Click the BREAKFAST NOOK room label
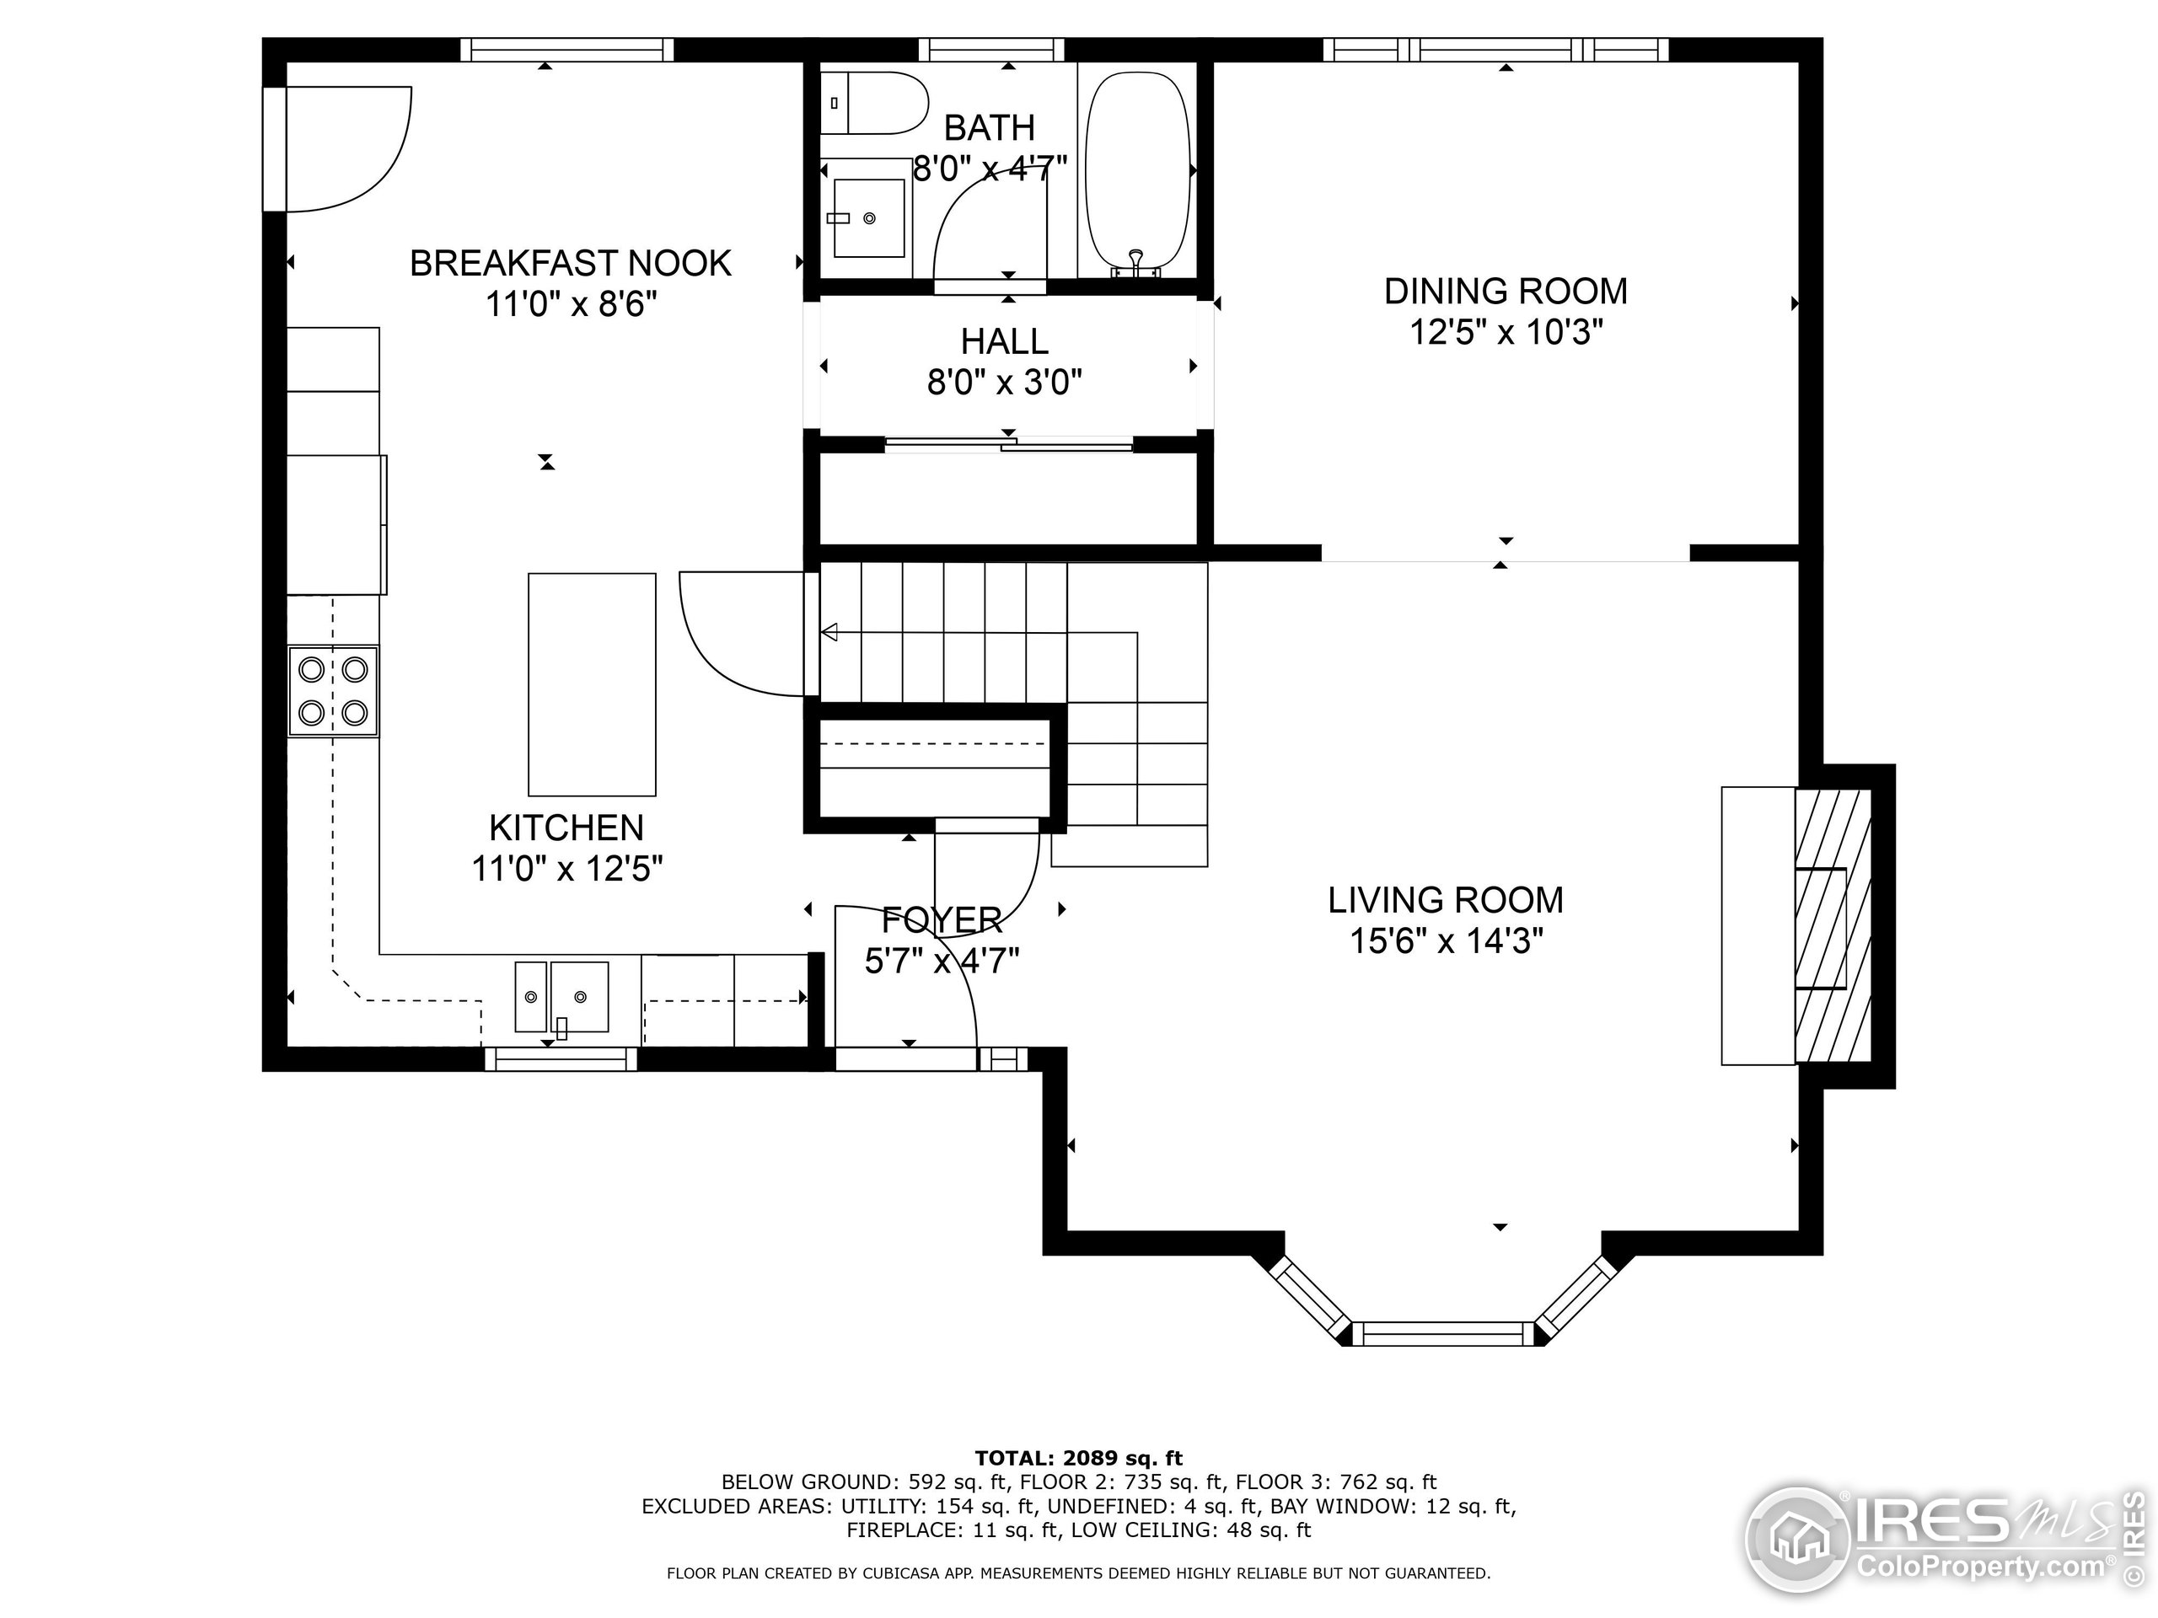pyautogui.click(x=570, y=263)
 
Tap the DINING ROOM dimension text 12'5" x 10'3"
pyautogui.click(x=1506, y=334)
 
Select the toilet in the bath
pyautogui.click(x=874, y=103)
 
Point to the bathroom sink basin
pyautogui.click(x=868, y=218)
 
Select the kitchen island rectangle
pyautogui.click(x=591, y=684)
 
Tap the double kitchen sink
pyautogui.click(x=562, y=997)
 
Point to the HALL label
pyautogui.click(x=1004, y=341)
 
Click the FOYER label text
pyautogui.click(x=942, y=919)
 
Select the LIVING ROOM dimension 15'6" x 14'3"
pyautogui.click(x=1445, y=942)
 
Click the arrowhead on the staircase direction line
pyautogui.click(x=829, y=633)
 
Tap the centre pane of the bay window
pyautogui.click(x=1443, y=1333)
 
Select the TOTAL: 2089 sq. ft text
pyautogui.click(x=1078, y=1458)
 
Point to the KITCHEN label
pyautogui.click(x=566, y=828)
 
